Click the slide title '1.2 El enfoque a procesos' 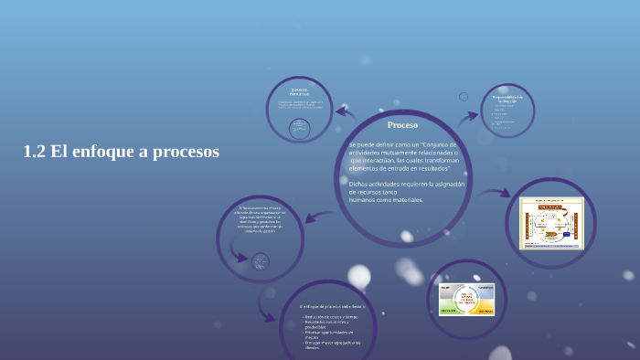(x=121, y=153)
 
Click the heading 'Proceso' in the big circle (x=402, y=124)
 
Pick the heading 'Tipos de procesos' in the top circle (x=299, y=92)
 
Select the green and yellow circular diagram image (x=466, y=298)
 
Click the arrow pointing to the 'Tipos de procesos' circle (x=345, y=111)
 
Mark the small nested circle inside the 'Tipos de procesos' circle (x=298, y=129)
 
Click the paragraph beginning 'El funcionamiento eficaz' (x=261, y=219)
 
